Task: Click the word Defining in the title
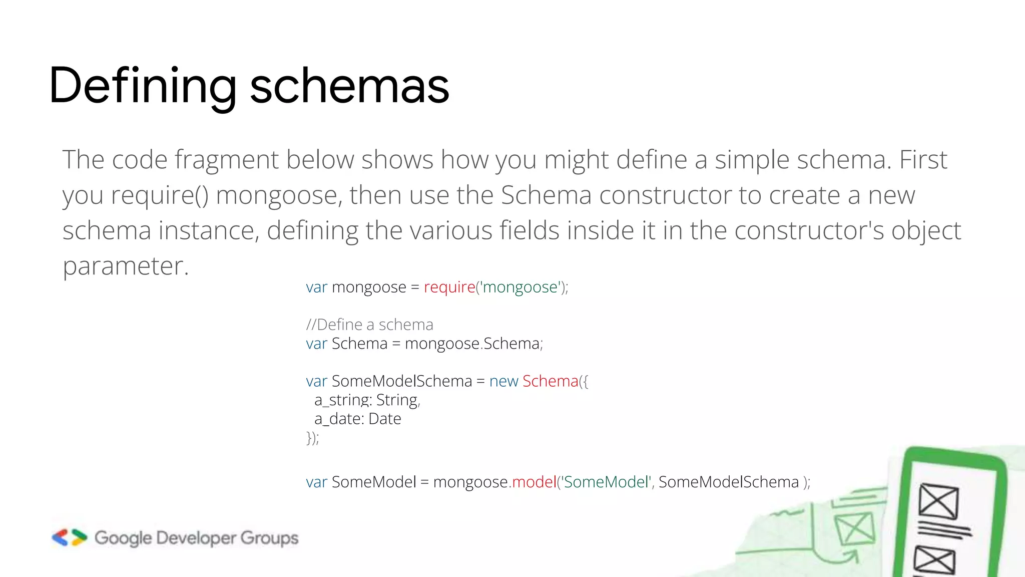[143, 86]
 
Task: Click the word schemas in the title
[349, 86]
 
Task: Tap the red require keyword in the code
[449, 287]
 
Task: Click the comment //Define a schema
[369, 325]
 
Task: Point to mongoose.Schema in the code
[472, 344]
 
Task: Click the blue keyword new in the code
[503, 381]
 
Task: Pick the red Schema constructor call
[550, 381]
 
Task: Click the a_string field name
[342, 400]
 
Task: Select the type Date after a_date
[384, 419]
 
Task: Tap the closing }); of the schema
[312, 438]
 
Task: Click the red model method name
[534, 482]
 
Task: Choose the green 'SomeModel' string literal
[606, 482]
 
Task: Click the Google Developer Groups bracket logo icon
[69, 537]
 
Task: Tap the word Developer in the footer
[196, 538]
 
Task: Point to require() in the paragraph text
[160, 195]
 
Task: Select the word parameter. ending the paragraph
[125, 266]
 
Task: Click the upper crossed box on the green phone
[938, 501]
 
